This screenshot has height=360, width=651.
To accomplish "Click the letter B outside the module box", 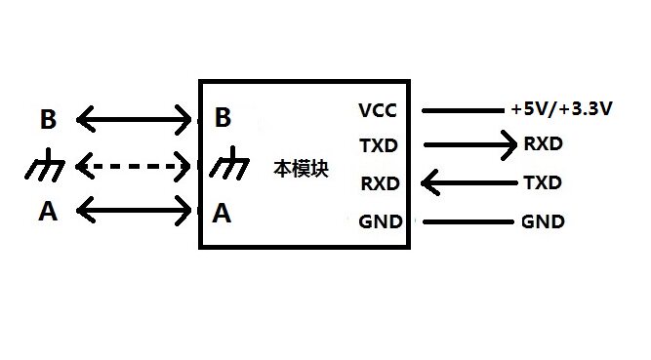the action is [x=48, y=119].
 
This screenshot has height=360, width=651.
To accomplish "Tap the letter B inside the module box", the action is [x=223, y=117].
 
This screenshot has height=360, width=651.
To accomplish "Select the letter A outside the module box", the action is [x=48, y=211].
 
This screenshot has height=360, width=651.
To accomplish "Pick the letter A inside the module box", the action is [x=222, y=214].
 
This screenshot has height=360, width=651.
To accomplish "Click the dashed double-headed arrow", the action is [x=133, y=167].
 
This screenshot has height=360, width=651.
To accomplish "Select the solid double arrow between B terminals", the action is [x=134, y=120].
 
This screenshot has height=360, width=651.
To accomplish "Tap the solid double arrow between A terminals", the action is [x=134, y=210].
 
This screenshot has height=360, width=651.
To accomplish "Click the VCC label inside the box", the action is [x=378, y=110].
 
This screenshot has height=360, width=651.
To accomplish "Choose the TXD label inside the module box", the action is [x=379, y=145].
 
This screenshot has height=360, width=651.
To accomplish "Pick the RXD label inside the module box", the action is [x=381, y=183].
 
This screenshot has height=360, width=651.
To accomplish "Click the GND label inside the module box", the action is [x=381, y=221].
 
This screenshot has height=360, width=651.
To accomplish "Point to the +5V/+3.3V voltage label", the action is [x=562, y=109].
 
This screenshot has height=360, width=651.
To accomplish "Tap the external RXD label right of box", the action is [x=543, y=144].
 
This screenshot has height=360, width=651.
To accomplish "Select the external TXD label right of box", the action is [x=543, y=182].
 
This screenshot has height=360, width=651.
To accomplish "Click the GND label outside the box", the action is [x=543, y=221].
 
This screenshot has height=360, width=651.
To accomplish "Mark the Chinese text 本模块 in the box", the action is [x=301, y=169].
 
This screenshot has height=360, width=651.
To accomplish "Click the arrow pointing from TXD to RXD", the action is [x=470, y=145].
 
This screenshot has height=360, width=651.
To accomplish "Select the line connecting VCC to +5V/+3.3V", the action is [x=463, y=110].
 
